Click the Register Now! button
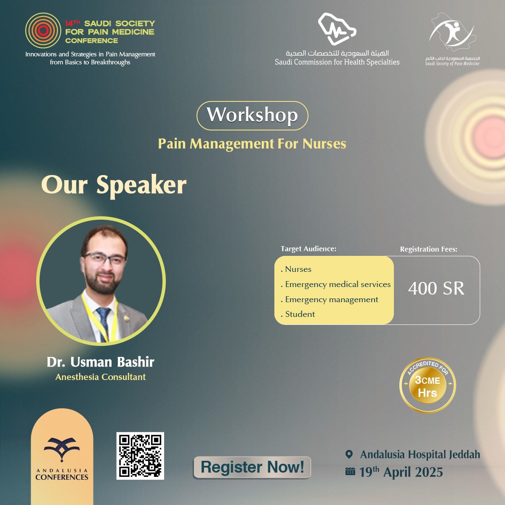point(252,467)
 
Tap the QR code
point(140,456)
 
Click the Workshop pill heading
point(252,115)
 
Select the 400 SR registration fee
point(436,289)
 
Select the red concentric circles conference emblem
point(43,30)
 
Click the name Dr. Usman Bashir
point(101,362)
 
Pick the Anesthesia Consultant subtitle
point(101,377)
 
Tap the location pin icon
point(349,454)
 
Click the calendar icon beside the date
point(350,471)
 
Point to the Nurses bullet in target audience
point(298,269)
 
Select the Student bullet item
point(300,314)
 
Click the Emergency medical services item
point(338,284)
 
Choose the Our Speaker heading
point(114,185)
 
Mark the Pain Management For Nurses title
point(252,144)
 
